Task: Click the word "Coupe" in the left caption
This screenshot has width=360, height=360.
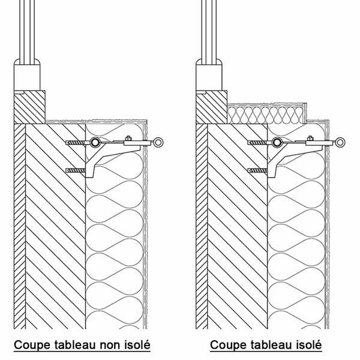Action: [x=32, y=345]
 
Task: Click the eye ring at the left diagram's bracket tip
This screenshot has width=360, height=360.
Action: [x=158, y=142]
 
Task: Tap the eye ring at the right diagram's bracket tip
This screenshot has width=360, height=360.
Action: [x=340, y=142]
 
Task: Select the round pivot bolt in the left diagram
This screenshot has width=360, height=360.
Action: [x=95, y=142]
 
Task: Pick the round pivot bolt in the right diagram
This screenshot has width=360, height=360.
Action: [x=277, y=142]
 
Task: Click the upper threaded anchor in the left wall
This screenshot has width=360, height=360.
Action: [x=76, y=143]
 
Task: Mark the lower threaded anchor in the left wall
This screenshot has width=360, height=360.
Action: [x=76, y=170]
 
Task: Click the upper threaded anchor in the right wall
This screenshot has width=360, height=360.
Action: [x=257, y=143]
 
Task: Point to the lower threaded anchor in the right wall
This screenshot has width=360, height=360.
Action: [x=257, y=170]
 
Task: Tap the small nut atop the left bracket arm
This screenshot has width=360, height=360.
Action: [x=128, y=138]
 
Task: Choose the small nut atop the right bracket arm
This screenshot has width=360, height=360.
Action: [x=310, y=138]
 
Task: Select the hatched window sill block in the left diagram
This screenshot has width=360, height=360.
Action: [x=29, y=107]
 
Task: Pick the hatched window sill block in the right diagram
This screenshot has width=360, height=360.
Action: [x=212, y=107]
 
